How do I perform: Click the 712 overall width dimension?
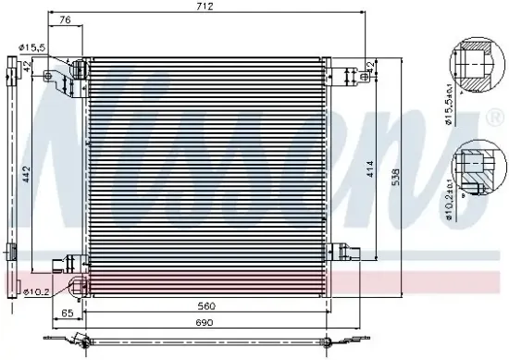point(205,6)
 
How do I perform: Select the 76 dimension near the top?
point(64,19)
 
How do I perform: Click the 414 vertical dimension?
point(370,168)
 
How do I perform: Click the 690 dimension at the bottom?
point(206,322)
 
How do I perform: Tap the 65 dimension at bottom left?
point(66,315)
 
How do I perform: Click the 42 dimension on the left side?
point(29,65)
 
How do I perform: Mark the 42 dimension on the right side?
point(370,67)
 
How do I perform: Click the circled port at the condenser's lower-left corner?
point(78,281)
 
